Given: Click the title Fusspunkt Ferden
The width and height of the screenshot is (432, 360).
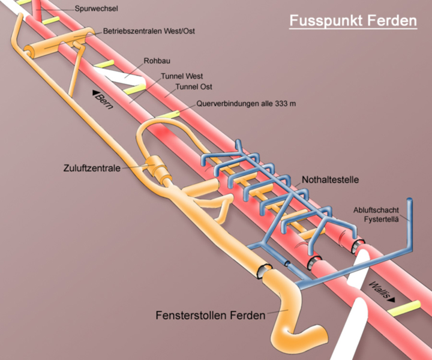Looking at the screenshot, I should [x=353, y=20].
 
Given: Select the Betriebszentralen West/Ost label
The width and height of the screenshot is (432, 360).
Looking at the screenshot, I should [x=149, y=31].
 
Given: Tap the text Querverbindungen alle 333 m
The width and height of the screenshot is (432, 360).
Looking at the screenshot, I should [x=246, y=103].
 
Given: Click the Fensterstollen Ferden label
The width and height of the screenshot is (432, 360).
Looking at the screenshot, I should [x=211, y=314].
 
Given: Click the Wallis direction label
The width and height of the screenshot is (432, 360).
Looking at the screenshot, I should [x=382, y=290].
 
